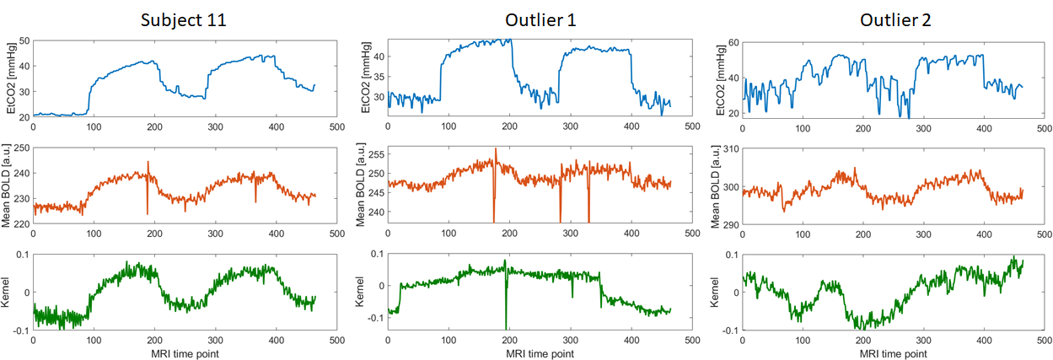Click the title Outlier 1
540,19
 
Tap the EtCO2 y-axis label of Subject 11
10,78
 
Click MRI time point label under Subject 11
185,353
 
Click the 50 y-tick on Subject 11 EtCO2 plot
24,41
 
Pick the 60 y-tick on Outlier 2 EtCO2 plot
733,41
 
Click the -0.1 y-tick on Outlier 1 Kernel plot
373,318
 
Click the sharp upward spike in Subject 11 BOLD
148,162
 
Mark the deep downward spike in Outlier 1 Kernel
507,327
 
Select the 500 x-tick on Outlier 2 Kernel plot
1045,341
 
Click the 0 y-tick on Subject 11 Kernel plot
25,293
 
